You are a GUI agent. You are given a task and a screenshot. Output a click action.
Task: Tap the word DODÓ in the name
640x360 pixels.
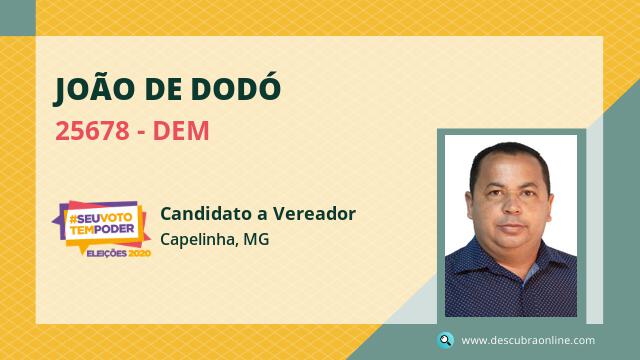tap(236, 87)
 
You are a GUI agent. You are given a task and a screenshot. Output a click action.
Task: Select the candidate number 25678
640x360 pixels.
tap(92, 131)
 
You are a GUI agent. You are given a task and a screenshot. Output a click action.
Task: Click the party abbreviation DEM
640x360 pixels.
tap(181, 131)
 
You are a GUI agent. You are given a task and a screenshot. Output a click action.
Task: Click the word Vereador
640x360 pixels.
tap(314, 213)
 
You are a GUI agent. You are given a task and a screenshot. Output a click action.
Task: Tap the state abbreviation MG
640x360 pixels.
tap(256, 239)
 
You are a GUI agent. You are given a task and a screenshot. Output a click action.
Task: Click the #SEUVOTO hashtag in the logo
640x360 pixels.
tap(101, 218)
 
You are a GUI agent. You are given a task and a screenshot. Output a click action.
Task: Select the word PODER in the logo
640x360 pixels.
tap(114, 229)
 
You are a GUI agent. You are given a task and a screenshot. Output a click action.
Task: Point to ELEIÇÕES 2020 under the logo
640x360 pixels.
tap(118, 253)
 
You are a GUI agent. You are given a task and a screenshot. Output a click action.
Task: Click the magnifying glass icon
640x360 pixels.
tap(445, 340)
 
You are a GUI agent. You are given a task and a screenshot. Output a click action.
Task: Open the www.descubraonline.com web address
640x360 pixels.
tap(528, 340)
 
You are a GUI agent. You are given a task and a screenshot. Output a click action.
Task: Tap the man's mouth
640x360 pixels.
tap(511, 227)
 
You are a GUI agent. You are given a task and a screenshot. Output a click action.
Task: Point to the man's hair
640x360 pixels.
tap(510, 157)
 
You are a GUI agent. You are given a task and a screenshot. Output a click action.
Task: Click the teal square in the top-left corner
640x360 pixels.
tap(18, 18)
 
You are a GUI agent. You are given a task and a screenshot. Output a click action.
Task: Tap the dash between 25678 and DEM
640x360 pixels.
tap(141, 133)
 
